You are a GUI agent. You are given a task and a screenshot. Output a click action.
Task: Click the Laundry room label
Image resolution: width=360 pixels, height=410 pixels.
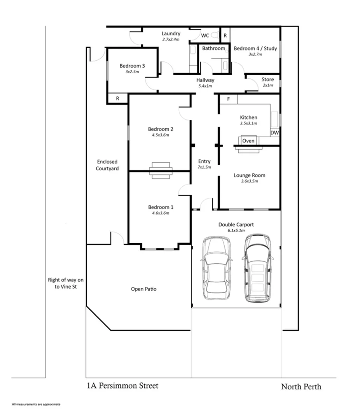[171, 34]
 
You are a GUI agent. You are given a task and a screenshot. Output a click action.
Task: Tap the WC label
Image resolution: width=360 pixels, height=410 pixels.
[205, 36]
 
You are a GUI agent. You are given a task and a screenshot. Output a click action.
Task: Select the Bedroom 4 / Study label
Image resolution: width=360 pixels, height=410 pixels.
[255, 49]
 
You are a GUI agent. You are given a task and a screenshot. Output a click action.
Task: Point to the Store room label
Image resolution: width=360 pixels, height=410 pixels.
[267, 80]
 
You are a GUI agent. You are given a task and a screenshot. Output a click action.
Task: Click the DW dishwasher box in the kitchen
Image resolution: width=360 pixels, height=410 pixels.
[274, 133]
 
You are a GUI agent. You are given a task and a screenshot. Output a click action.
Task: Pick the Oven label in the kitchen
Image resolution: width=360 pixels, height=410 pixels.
[248, 141]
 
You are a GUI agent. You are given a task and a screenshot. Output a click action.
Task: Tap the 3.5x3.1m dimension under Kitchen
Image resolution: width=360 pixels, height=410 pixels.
[248, 123]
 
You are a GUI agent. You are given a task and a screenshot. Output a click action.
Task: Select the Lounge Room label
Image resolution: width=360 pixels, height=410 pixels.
[249, 175]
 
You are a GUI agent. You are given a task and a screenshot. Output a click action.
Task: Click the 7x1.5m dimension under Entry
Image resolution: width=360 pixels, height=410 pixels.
[204, 167]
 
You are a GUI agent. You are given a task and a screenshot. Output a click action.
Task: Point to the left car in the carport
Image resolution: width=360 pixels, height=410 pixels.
[217, 268]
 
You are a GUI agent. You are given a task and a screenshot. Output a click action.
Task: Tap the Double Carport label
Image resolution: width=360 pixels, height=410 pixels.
[236, 224]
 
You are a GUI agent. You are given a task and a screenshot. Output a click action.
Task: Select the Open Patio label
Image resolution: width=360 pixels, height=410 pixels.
[143, 289]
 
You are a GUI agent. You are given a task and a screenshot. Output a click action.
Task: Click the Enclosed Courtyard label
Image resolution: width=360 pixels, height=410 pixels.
[107, 165]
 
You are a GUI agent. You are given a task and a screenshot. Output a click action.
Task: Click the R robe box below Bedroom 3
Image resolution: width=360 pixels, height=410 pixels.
[117, 99]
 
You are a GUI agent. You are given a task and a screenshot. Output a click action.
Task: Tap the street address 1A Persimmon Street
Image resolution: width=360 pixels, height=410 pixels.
[123, 386]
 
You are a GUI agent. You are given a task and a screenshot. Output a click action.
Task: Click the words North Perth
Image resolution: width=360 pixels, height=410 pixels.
[301, 387]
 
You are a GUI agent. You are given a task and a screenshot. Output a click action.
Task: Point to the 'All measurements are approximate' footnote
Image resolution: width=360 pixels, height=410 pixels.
[36, 404]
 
